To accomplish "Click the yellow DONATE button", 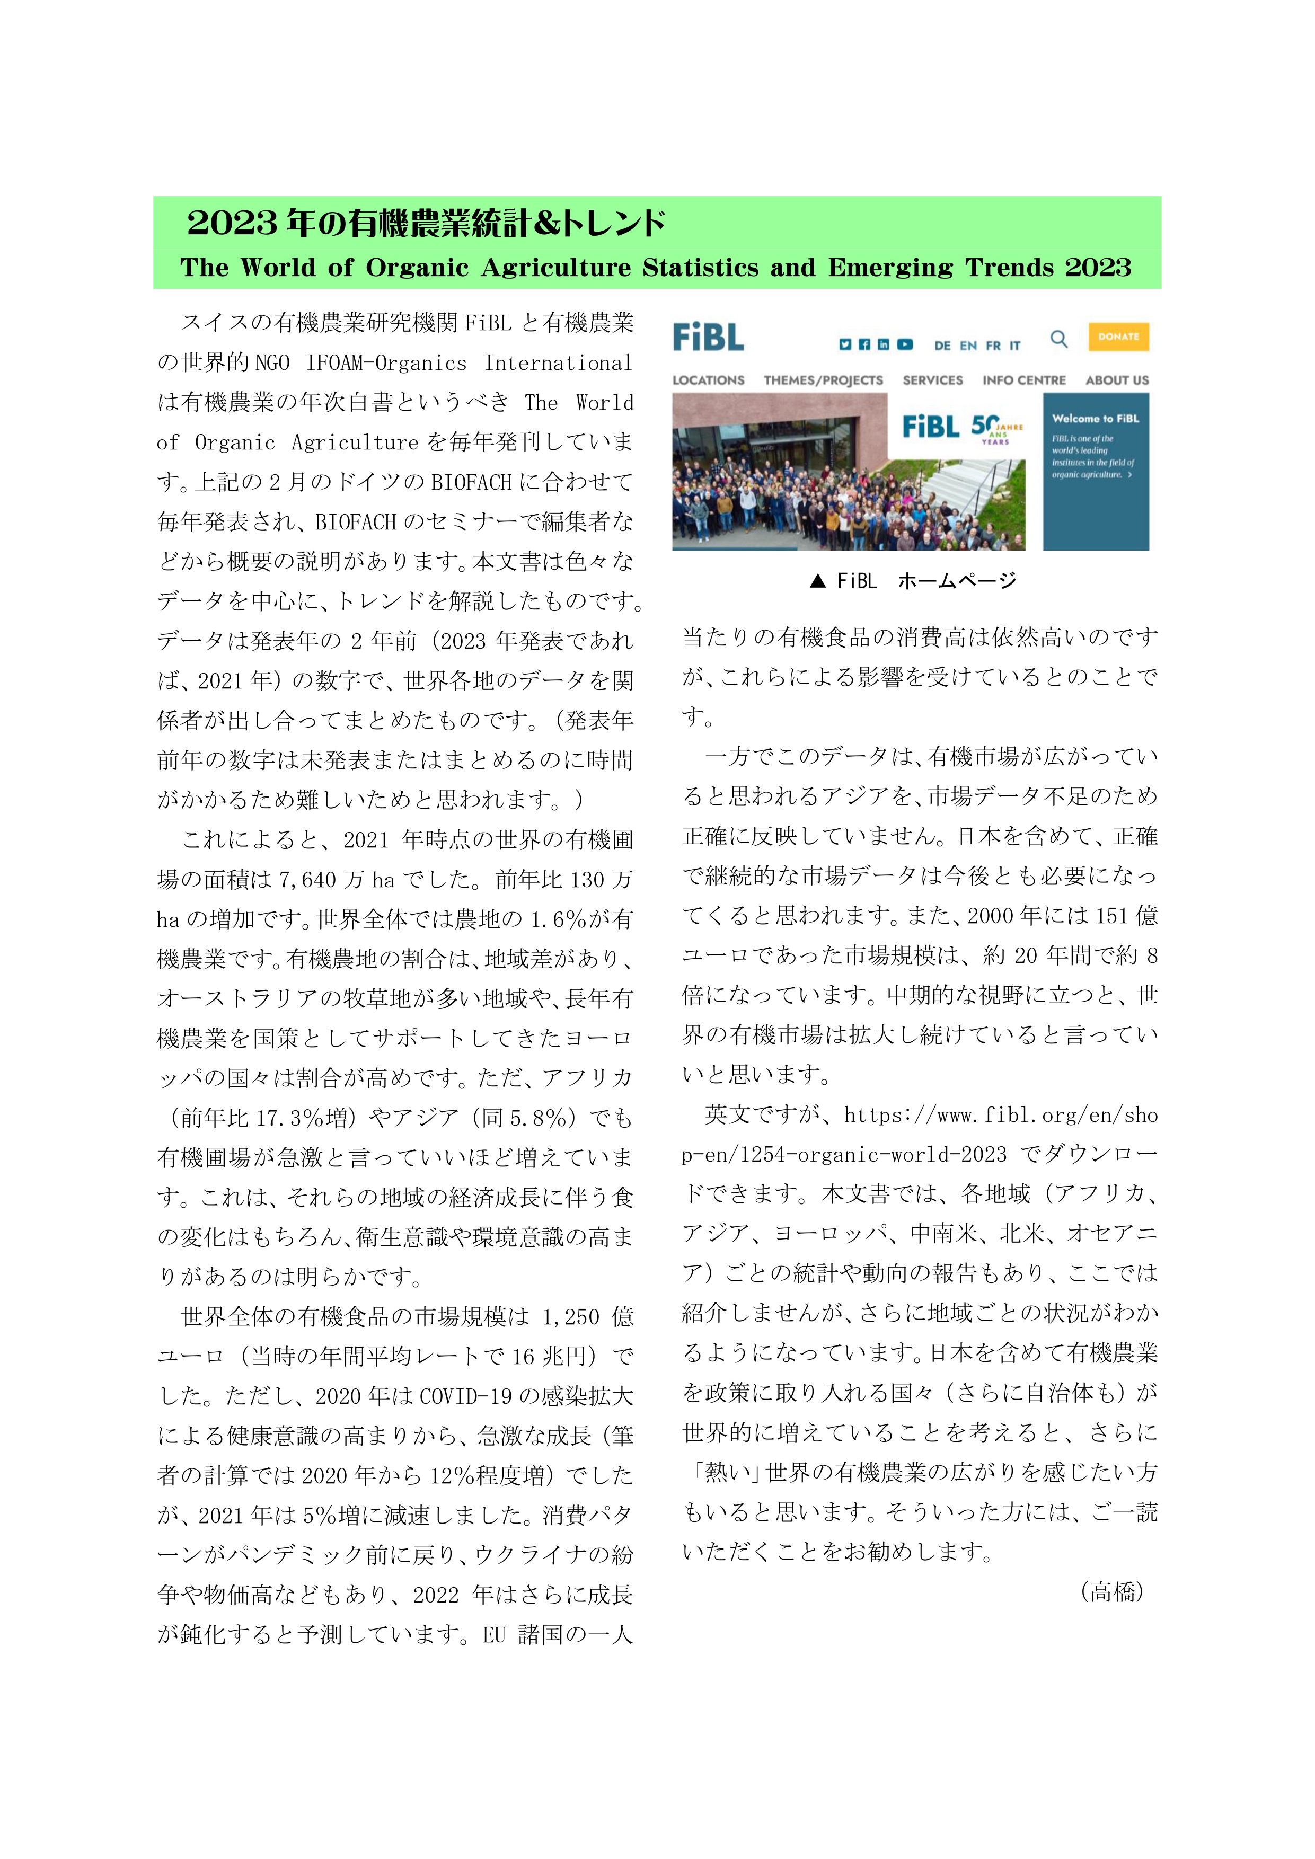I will (1118, 337).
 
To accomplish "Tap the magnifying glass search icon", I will (1058, 339).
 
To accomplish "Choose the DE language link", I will (942, 346).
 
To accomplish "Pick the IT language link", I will (1014, 346).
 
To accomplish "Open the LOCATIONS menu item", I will (709, 380).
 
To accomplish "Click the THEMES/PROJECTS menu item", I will (824, 380).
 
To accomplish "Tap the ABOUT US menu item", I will (1117, 380).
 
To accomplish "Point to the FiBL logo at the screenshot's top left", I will (709, 337).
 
